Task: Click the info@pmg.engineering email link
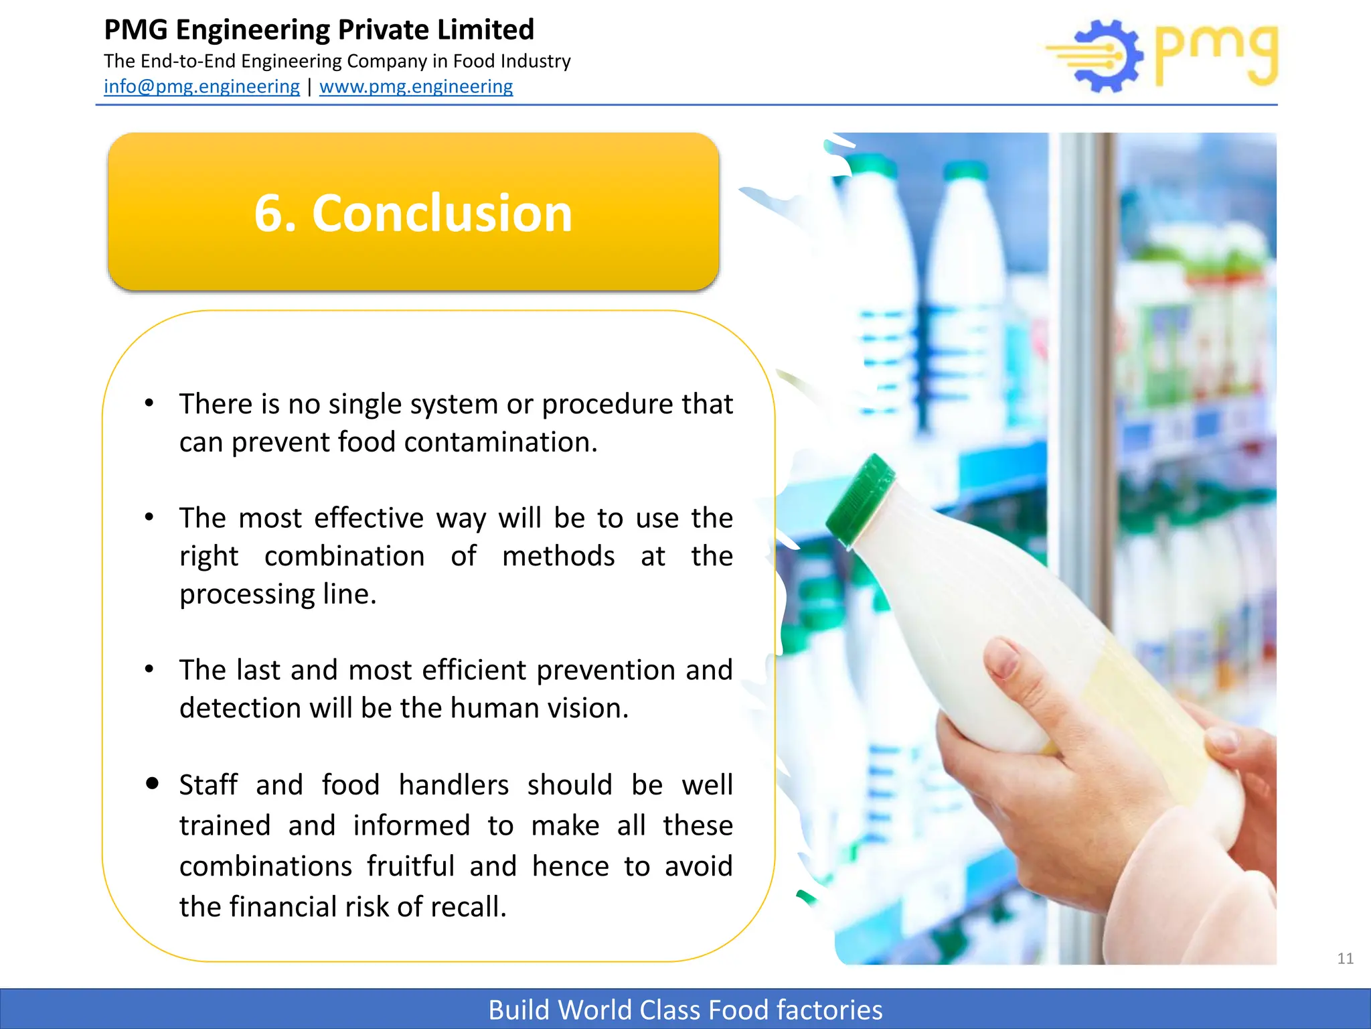201,86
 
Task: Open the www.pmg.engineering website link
416,86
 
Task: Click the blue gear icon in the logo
1108,56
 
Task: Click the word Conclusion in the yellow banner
442,213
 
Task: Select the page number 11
1345,959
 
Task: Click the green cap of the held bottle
860,500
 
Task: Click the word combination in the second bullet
344,556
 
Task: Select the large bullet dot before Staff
152,783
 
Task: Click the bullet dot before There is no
149,403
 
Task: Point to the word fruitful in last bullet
410,866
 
